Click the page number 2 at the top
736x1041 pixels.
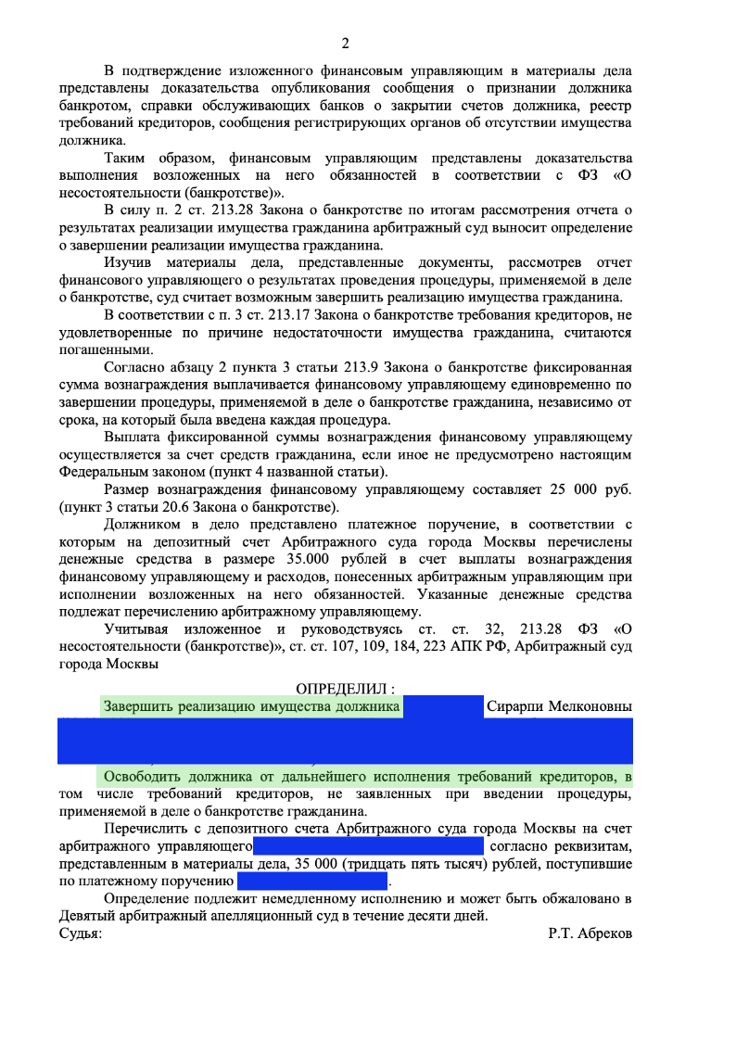(345, 44)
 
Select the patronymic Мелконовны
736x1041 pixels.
(591, 707)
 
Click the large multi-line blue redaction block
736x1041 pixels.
(345, 741)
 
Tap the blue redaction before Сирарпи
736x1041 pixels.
(443, 707)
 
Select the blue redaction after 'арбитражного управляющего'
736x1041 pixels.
(369, 846)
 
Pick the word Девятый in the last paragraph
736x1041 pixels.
(85, 917)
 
